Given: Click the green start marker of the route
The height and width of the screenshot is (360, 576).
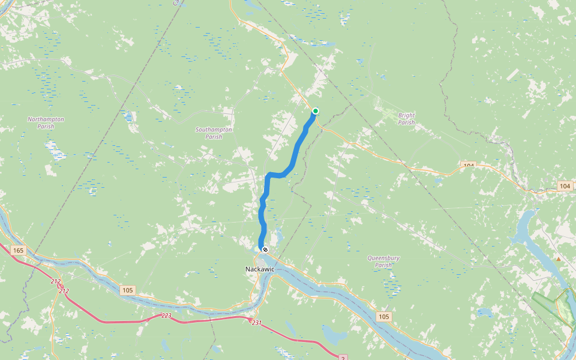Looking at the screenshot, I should click(316, 110).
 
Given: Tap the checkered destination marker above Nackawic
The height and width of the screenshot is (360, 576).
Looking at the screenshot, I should click(265, 249).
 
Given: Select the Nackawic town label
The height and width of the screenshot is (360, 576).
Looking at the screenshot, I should click(260, 269).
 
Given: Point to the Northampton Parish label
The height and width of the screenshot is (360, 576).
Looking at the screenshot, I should click(46, 123).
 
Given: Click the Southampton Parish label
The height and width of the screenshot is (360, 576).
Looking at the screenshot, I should click(214, 133).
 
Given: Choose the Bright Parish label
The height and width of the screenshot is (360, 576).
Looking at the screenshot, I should click(406, 119).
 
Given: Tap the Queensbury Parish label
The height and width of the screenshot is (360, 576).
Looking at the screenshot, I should click(383, 262).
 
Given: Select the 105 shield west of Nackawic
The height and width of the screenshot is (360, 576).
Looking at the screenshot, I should click(127, 290).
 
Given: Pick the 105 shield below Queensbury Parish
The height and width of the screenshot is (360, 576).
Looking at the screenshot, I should click(385, 316).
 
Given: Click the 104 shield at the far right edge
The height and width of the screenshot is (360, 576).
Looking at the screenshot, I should click(565, 187).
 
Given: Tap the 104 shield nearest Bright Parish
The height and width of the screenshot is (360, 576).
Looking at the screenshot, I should click(469, 165).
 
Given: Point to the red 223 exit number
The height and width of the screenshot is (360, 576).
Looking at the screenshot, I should click(167, 316).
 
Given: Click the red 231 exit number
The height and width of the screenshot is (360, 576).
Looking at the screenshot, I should click(256, 323).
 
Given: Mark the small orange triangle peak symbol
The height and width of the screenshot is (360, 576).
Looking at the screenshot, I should click(559, 259).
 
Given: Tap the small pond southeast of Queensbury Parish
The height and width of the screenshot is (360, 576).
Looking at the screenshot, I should click(484, 312).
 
